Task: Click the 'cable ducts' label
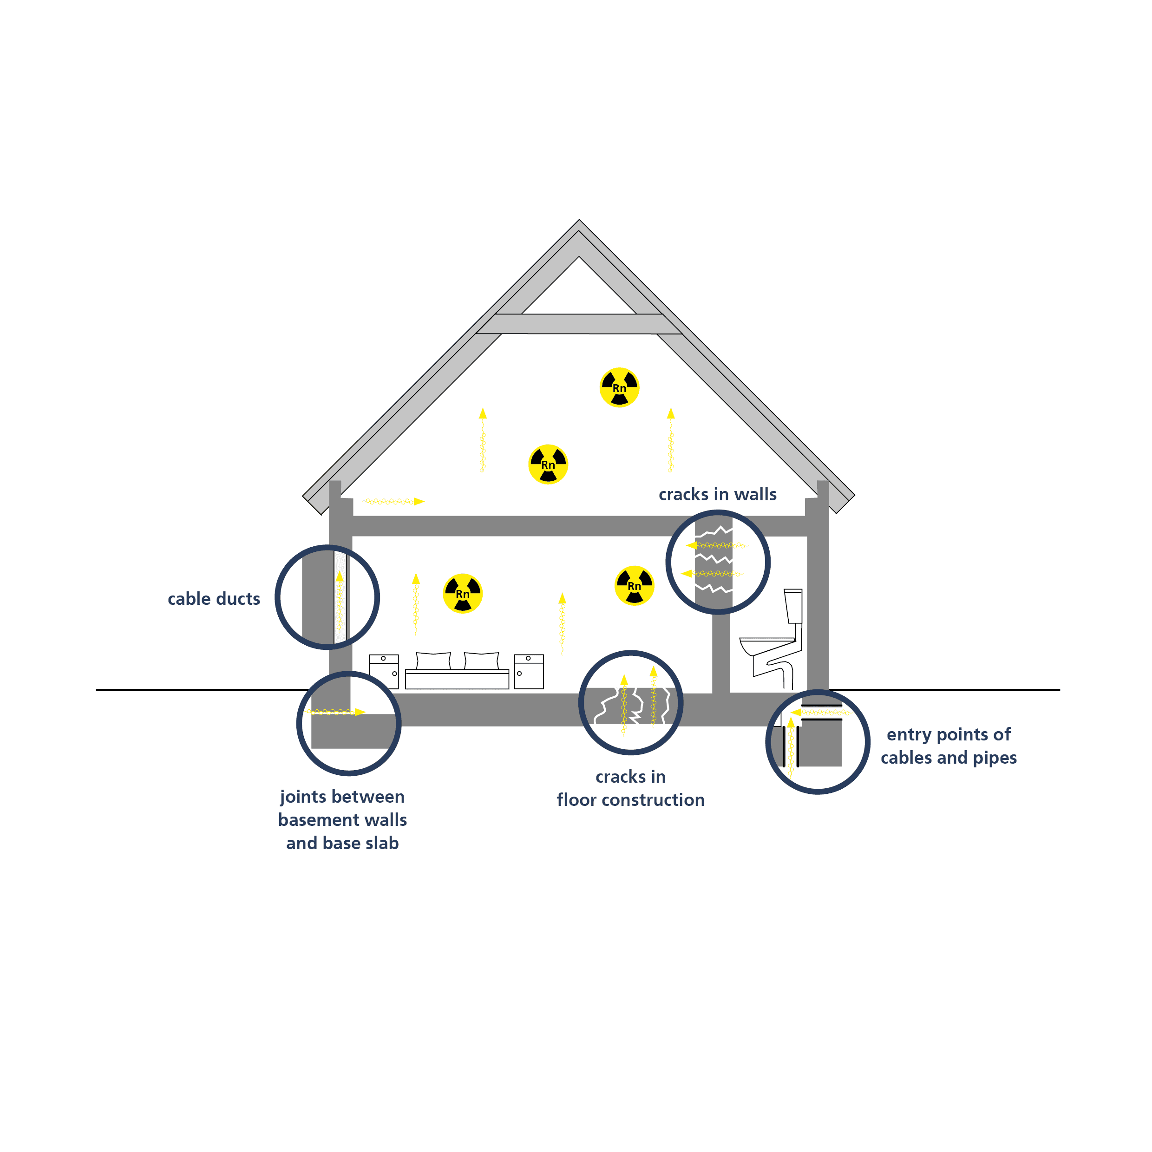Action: [214, 599]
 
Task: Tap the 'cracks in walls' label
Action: [717, 494]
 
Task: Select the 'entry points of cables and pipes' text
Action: [949, 746]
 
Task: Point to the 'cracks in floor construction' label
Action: [630, 788]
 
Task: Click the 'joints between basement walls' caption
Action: [342, 808]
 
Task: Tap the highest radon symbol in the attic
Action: [620, 387]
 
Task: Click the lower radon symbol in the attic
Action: [548, 464]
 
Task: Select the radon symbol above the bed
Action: [463, 593]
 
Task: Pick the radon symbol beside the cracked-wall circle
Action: [635, 586]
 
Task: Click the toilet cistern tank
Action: [793, 606]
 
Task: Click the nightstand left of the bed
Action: [384, 672]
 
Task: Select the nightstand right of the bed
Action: [529, 672]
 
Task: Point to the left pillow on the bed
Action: [433, 661]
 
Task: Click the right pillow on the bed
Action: [481, 661]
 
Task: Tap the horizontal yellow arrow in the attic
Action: [393, 502]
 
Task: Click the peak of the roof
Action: [579, 221]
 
